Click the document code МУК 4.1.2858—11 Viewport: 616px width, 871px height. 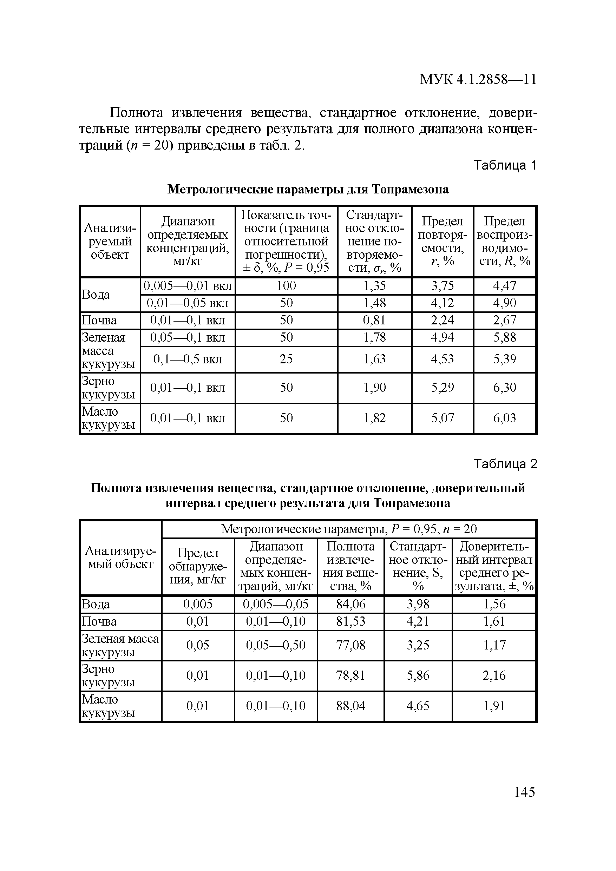coord(478,80)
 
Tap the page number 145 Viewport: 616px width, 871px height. coord(524,792)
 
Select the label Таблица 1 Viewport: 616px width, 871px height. coord(505,165)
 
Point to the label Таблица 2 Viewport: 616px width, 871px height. coord(505,464)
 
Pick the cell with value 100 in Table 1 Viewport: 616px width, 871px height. coord(286,286)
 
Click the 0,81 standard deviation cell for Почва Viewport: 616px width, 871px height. coord(374,321)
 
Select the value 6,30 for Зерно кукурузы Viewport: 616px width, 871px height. coord(504,387)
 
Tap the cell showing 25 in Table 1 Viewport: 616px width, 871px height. coord(286,359)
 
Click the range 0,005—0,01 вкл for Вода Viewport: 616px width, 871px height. coord(188,286)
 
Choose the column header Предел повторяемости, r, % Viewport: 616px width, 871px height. coord(443,241)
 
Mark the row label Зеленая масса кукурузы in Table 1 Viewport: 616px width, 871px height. coord(109,351)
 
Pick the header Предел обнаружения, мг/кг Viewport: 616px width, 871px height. coord(198,566)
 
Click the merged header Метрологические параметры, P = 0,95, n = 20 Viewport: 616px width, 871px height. coord(348,529)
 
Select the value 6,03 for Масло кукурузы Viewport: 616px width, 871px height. coord(504,418)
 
